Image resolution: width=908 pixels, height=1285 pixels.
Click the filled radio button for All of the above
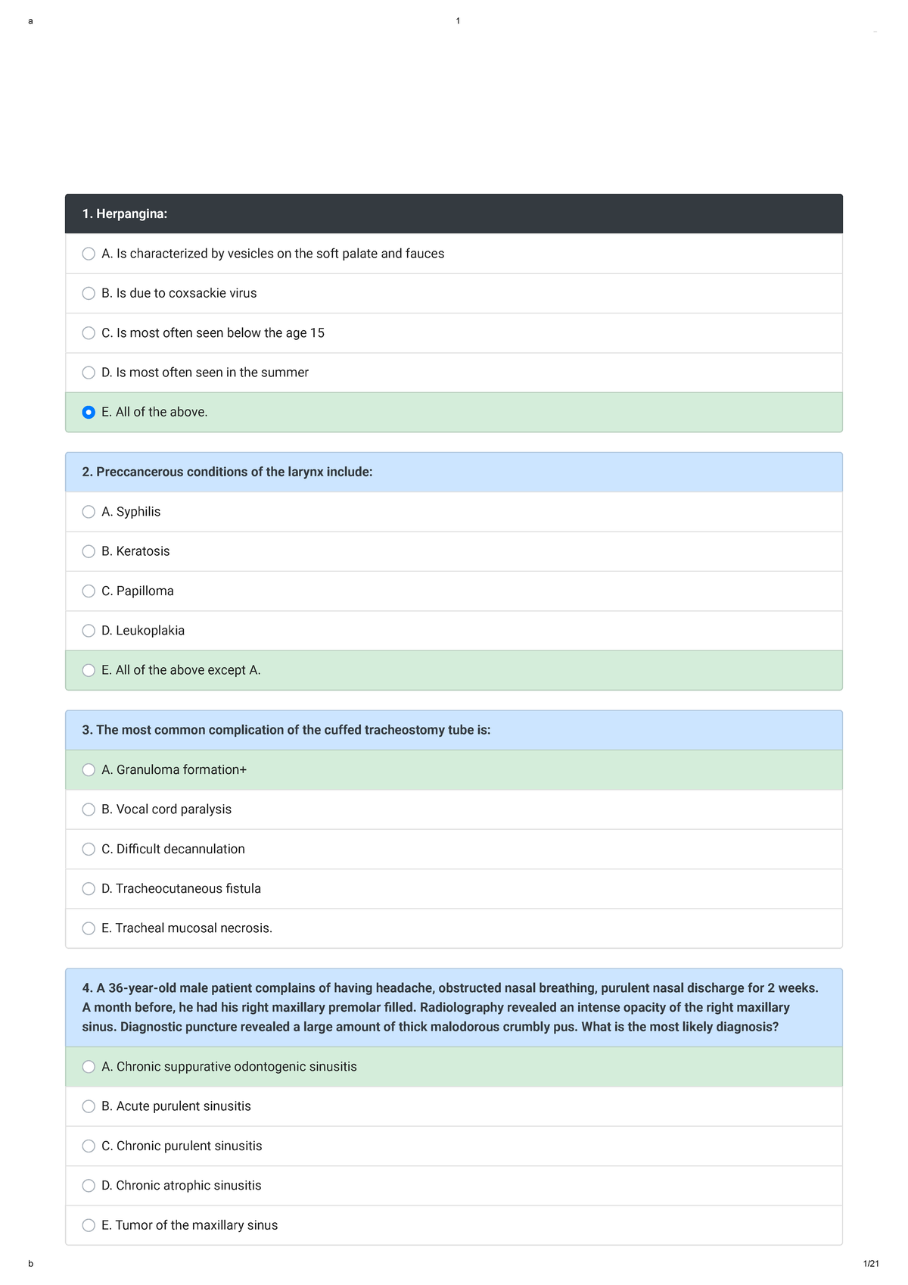pos(89,412)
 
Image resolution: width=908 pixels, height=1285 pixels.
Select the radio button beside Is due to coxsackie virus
pos(89,293)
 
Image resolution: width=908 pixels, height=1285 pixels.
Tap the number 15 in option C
pos(317,332)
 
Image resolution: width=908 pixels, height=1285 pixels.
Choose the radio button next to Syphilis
pos(89,512)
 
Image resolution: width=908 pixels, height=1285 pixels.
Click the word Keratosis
pos(143,551)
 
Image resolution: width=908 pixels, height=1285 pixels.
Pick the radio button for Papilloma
pos(89,591)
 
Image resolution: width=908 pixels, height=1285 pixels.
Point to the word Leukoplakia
pos(150,630)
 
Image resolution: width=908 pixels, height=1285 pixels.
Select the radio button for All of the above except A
pos(89,670)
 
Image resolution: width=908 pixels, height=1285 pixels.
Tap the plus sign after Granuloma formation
pos(243,769)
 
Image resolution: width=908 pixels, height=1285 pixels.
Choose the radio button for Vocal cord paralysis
pos(89,809)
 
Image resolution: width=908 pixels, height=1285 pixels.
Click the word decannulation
pos(204,849)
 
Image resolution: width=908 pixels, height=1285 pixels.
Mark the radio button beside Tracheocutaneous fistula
pos(89,888)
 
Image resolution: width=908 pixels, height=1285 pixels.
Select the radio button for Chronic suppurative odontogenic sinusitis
pos(89,1066)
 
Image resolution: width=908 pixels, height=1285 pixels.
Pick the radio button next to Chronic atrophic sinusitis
pos(89,1185)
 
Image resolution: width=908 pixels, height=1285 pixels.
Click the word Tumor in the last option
pos(133,1224)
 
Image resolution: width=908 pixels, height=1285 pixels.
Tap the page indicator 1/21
pos(871,1263)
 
